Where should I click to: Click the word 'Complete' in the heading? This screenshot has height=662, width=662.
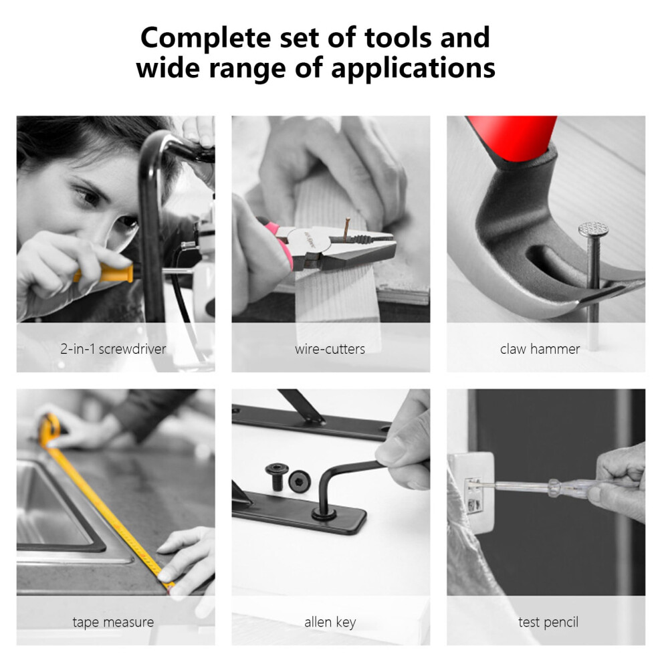[205, 39]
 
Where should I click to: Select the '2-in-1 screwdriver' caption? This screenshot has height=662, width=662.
[113, 349]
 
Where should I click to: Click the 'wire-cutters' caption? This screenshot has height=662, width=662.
[330, 349]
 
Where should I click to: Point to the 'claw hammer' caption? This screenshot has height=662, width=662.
[540, 349]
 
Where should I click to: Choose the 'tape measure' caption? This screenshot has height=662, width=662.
[113, 622]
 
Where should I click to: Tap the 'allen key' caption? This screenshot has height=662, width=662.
[330, 622]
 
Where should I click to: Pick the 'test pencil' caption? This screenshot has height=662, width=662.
[548, 622]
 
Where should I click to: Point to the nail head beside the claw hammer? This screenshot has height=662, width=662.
[593, 229]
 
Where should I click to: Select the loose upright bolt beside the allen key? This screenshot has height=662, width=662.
[277, 477]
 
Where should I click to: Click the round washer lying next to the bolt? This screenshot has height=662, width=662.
[300, 481]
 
